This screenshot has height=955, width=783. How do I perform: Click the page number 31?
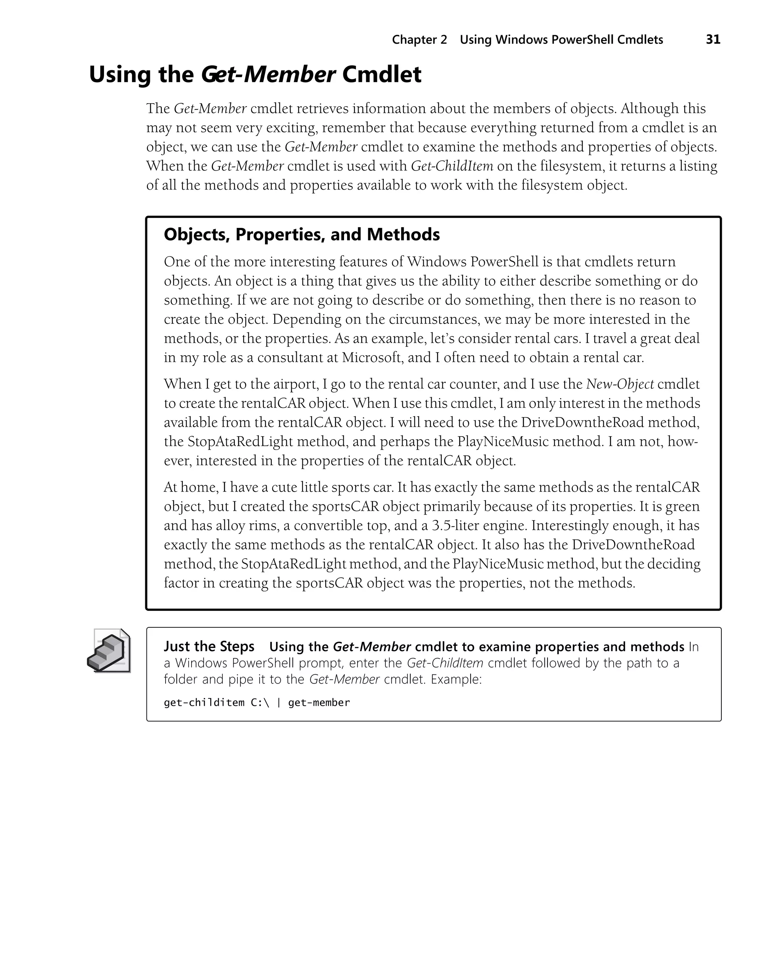(713, 40)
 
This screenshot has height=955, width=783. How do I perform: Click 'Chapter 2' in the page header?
(419, 40)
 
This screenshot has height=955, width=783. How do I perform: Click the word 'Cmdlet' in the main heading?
(382, 75)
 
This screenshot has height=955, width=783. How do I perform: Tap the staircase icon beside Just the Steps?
(109, 651)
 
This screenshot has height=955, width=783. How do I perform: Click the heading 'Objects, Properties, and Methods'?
(301, 234)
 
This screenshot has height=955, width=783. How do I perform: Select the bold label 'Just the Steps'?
(209, 646)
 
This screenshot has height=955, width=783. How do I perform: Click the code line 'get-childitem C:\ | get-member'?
(257, 703)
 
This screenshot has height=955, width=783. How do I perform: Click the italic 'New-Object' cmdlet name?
(620, 384)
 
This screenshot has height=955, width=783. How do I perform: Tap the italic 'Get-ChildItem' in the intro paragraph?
(452, 166)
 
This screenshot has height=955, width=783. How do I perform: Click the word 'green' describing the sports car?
(682, 506)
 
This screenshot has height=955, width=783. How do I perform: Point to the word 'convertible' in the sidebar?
(326, 526)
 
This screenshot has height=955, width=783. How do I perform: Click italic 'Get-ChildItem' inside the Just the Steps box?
(445, 663)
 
